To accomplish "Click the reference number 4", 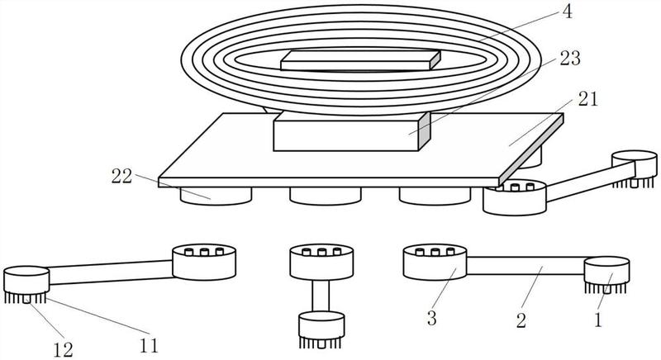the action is coord(568,12).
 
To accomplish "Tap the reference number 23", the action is coord(570,59).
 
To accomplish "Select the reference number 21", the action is coord(587,99).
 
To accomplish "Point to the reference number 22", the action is coord(121,177).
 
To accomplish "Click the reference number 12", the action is coord(64,349).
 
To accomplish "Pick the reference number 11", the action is coord(149,346).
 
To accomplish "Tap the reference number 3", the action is coord(431,319).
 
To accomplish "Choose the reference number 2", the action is coord(521,321).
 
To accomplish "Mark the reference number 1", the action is coord(597,320).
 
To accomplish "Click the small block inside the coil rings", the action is coord(360,60).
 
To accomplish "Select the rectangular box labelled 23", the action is coord(352,131).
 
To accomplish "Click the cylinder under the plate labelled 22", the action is coord(216,196).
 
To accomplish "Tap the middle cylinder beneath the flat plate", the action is coord(326,196).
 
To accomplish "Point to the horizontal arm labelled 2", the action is coord(525,266).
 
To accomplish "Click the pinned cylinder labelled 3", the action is coord(435,262).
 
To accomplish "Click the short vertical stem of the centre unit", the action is coord(321,296).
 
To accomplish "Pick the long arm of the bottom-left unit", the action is coord(112,272).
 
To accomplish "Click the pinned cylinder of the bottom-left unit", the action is coord(204,262).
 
